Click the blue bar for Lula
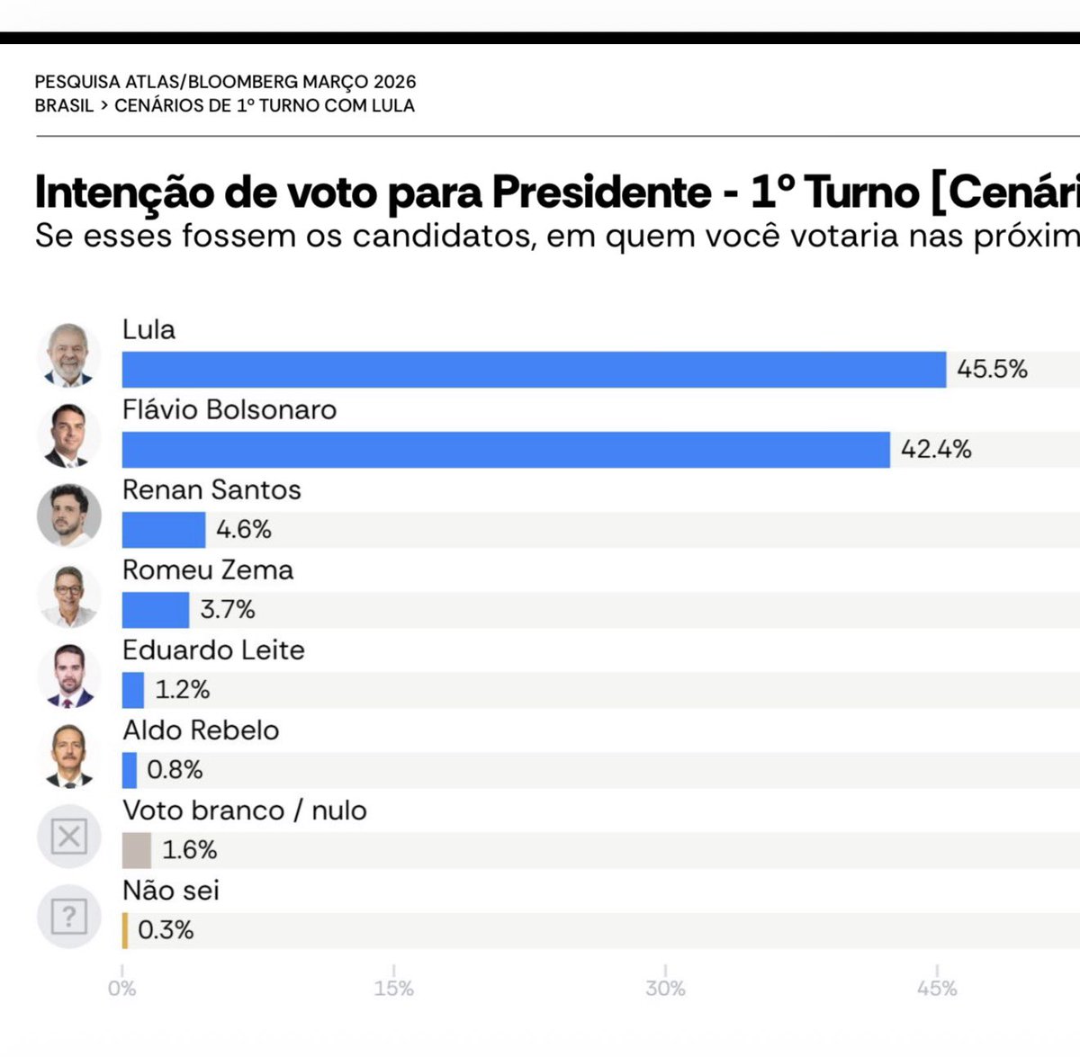coord(534,370)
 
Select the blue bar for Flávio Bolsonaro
coord(506,450)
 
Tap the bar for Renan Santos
coord(164,530)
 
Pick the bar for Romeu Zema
coord(156,610)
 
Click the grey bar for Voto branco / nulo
coord(137,850)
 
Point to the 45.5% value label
coord(992,370)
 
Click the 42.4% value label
coord(936,450)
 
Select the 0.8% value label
coord(175,770)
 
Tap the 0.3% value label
coord(166,930)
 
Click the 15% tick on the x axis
coord(394,988)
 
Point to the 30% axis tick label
coord(665,988)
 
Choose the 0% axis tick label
coord(122,988)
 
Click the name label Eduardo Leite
coord(213,650)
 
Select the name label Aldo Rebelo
coord(201,730)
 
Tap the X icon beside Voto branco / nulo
coord(68,837)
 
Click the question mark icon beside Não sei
coord(68,917)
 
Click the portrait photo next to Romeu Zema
coord(68,596)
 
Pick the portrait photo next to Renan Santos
coord(68,515)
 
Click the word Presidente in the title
coord(601,192)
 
